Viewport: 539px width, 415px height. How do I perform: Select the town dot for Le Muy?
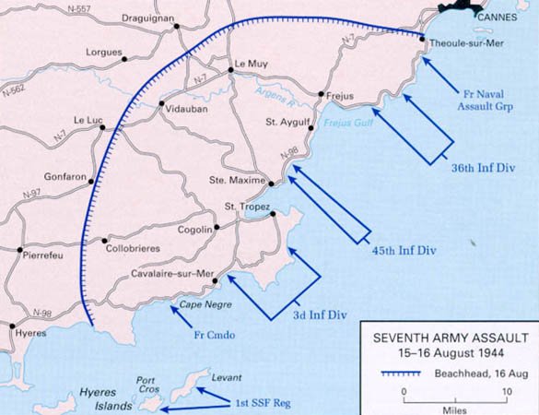pyautogui.click(x=230, y=69)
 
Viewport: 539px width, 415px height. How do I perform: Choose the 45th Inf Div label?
pyautogui.click(x=403, y=251)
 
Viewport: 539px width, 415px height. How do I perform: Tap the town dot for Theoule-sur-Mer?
pyautogui.click(x=421, y=39)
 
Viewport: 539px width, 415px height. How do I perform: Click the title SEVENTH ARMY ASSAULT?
pyautogui.click(x=446, y=336)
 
